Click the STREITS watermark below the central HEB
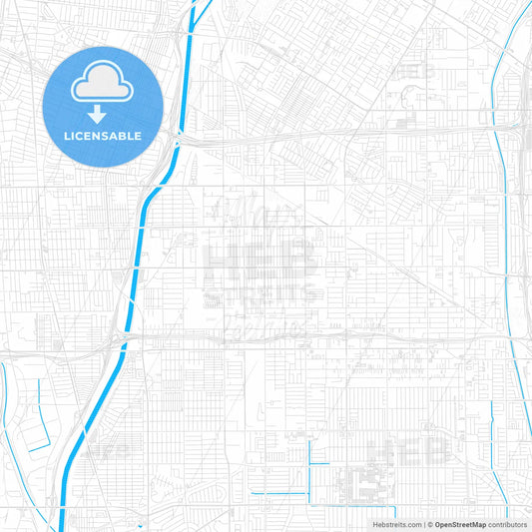point(262,296)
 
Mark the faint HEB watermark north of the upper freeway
point(414,70)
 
